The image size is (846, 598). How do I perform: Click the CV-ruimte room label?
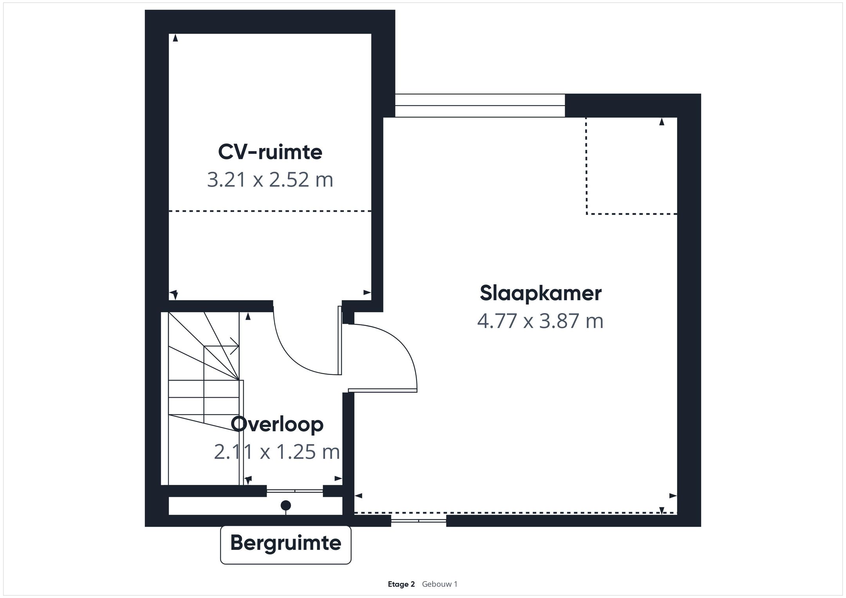click(270, 152)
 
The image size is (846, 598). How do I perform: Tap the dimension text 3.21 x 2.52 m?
click(270, 180)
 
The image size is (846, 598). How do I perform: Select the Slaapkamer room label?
click(540, 293)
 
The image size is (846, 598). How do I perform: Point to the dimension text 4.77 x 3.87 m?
click(540, 321)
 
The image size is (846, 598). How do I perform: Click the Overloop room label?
click(277, 424)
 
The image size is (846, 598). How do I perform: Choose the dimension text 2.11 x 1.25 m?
click(277, 452)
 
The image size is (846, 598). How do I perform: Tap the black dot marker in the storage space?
click(286, 505)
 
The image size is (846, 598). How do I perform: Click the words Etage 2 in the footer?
click(401, 584)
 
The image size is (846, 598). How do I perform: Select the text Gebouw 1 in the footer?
click(439, 584)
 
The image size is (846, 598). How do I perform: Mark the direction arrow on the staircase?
click(234, 346)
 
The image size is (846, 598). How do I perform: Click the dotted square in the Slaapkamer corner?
click(631, 166)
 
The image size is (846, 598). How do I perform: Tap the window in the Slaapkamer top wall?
click(480, 106)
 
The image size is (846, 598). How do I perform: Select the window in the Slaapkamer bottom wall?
click(418, 521)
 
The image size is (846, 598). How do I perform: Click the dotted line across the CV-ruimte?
click(270, 211)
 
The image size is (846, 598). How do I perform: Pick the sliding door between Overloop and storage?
click(295, 490)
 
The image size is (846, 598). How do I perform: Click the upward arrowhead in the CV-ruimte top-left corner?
click(175, 38)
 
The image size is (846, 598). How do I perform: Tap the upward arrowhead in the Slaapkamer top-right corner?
click(662, 122)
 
